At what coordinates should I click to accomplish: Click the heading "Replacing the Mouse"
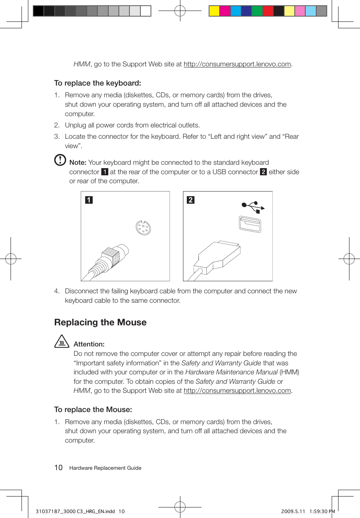100,322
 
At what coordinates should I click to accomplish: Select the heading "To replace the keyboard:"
97,83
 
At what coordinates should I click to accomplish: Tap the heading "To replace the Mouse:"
93,409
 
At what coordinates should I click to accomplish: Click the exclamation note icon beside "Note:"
60,160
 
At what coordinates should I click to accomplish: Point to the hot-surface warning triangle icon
62,342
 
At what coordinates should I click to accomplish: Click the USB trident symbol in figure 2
253,206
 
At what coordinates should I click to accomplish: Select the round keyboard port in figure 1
143,228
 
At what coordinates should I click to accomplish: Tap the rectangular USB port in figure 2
250,224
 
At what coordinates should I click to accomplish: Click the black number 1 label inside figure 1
89,200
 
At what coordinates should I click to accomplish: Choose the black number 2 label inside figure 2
191,200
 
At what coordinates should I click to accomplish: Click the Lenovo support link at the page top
237,64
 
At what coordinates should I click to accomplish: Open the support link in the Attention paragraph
237,391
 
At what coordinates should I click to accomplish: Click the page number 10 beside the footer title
58,468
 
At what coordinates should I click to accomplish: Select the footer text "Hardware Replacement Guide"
105,468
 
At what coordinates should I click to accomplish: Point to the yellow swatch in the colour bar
214,11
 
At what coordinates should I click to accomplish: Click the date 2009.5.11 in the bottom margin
293,512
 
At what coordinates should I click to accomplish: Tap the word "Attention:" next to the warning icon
89,344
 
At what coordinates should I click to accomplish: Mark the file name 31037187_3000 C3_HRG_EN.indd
75,512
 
